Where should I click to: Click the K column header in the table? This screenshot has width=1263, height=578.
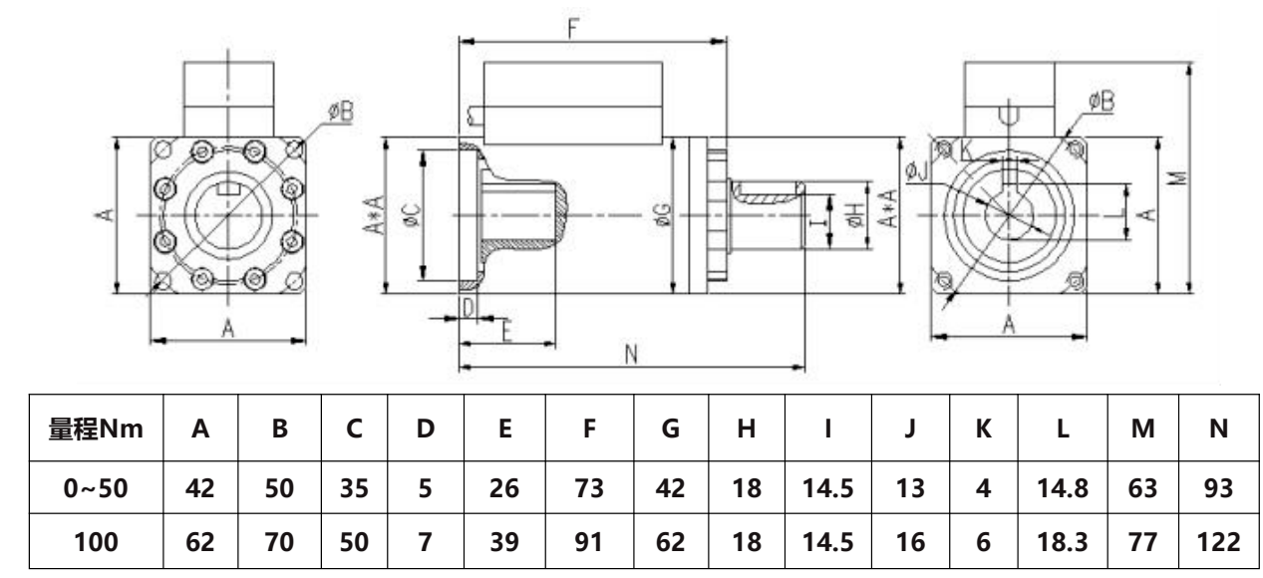[982, 429]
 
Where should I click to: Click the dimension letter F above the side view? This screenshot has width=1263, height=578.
[572, 28]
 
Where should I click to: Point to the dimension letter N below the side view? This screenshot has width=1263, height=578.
[630, 356]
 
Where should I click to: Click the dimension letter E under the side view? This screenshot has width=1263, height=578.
[505, 332]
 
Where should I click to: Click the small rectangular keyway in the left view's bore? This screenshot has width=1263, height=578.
[228, 185]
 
